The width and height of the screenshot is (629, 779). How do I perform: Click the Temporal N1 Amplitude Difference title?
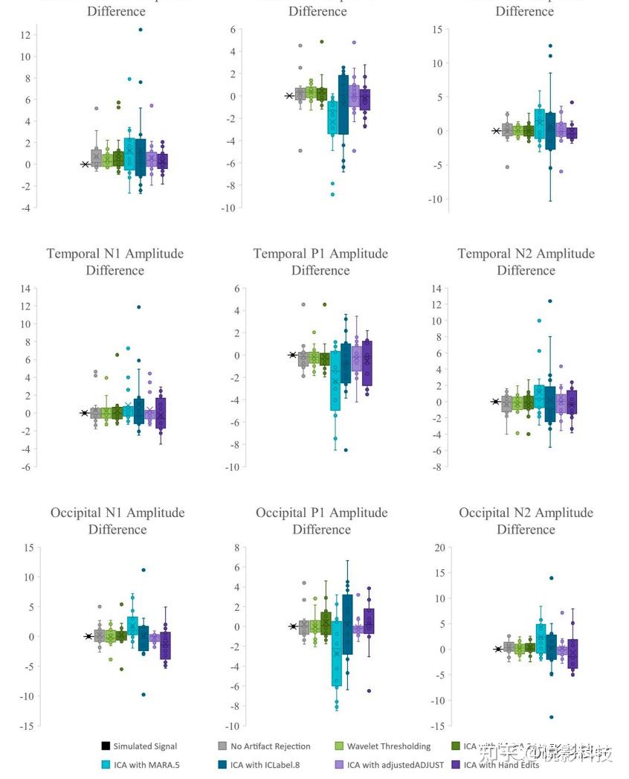pos(115,261)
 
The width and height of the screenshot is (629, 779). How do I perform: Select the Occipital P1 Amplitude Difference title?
pos(321,521)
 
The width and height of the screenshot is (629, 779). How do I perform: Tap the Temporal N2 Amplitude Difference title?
pos(526,261)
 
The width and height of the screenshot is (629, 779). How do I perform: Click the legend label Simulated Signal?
pos(145,746)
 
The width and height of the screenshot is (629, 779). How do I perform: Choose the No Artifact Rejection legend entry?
pos(271,746)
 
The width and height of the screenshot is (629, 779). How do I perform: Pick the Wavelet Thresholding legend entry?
pos(388,746)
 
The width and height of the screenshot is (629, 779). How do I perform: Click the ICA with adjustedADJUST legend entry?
pos(394,764)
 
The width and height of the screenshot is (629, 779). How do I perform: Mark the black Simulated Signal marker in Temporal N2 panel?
pos(496,402)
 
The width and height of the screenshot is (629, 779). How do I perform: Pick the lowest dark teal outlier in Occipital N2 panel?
pos(551,717)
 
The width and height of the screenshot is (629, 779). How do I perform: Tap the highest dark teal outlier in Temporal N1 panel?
pos(139,307)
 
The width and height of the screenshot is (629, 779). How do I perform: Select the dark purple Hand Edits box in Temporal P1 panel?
pos(366,363)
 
